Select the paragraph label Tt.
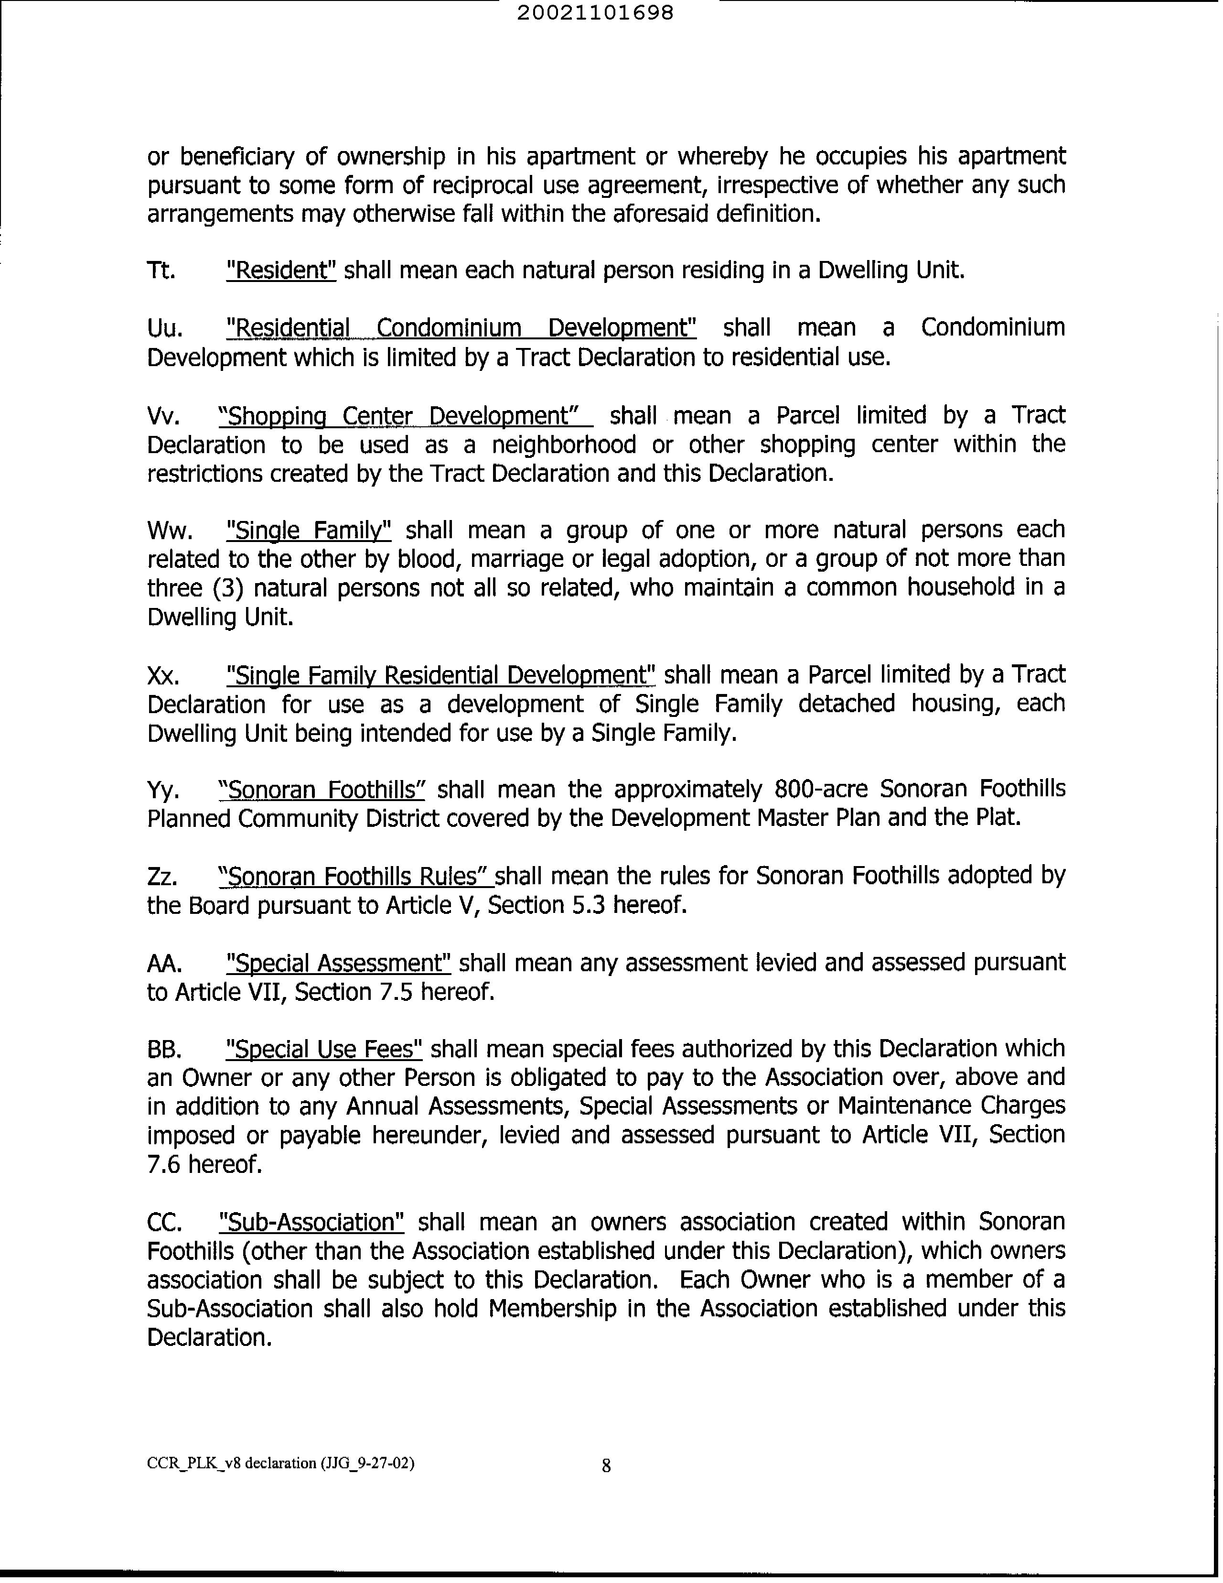point(161,271)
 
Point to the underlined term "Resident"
point(281,271)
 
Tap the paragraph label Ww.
point(170,531)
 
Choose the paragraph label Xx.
point(163,675)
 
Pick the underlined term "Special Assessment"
point(338,963)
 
